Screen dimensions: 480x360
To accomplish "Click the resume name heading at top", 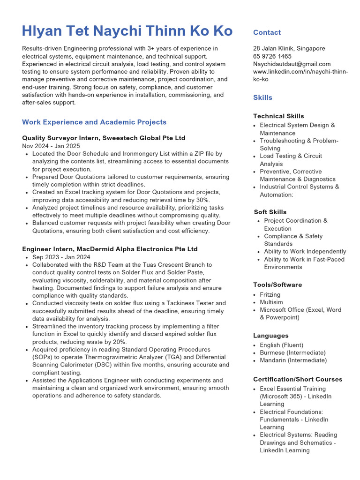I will click(x=127, y=31).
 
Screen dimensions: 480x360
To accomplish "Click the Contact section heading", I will click(x=267, y=32).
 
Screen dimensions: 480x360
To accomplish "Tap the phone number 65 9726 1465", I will click(x=272, y=56).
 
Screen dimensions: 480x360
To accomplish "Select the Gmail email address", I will click(x=292, y=64).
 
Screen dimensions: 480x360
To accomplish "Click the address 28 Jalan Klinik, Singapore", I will click(x=289, y=48).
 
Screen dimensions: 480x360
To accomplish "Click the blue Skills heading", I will click(x=262, y=97).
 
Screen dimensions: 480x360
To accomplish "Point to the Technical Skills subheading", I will click(x=278, y=116).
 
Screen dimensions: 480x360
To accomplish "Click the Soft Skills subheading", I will click(x=270, y=212).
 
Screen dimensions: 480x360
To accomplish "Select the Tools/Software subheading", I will click(x=277, y=285).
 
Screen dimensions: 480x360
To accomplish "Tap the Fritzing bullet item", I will click(x=270, y=294).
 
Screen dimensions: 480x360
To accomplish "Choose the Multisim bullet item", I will click(x=271, y=302).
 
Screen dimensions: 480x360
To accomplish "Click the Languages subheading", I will click(x=270, y=336).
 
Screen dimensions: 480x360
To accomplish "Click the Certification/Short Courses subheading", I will click(x=298, y=379).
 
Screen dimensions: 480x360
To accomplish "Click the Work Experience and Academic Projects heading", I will click(x=94, y=122).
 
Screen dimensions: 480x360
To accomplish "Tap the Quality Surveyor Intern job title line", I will click(x=104, y=138).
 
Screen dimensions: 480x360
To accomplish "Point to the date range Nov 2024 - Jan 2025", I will click(x=51, y=146).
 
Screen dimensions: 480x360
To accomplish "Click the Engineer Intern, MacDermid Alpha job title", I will click(x=110, y=249).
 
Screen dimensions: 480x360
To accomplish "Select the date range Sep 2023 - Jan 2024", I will click(x=61, y=257).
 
